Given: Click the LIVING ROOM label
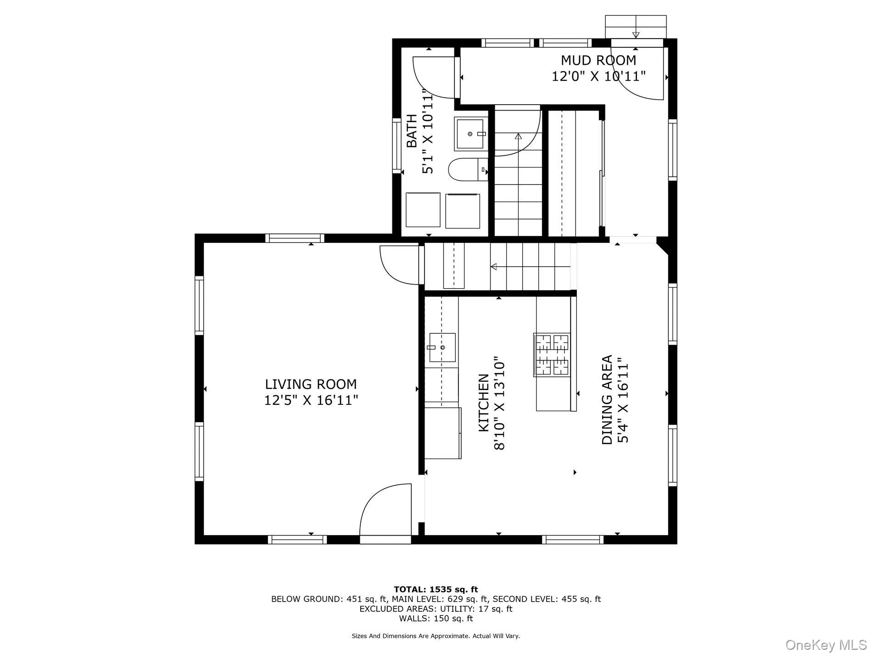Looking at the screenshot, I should click(x=311, y=384).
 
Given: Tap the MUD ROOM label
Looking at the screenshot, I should click(x=598, y=60).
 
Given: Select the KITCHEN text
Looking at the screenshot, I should click(x=484, y=403).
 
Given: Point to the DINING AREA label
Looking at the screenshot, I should click(x=607, y=399).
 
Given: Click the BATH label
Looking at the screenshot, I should click(x=412, y=131).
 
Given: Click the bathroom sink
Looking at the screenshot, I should click(x=470, y=134).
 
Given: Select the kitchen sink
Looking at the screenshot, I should click(x=442, y=347).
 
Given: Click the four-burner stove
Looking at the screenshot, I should click(x=553, y=355).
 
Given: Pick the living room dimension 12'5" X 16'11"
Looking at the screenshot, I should click(x=311, y=400).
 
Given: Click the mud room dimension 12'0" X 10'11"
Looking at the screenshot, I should click(x=598, y=76).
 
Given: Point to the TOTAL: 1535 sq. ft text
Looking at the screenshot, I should click(x=436, y=589).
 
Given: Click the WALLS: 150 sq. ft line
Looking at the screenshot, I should click(x=436, y=618).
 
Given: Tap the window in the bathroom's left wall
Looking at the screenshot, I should click(x=397, y=145).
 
